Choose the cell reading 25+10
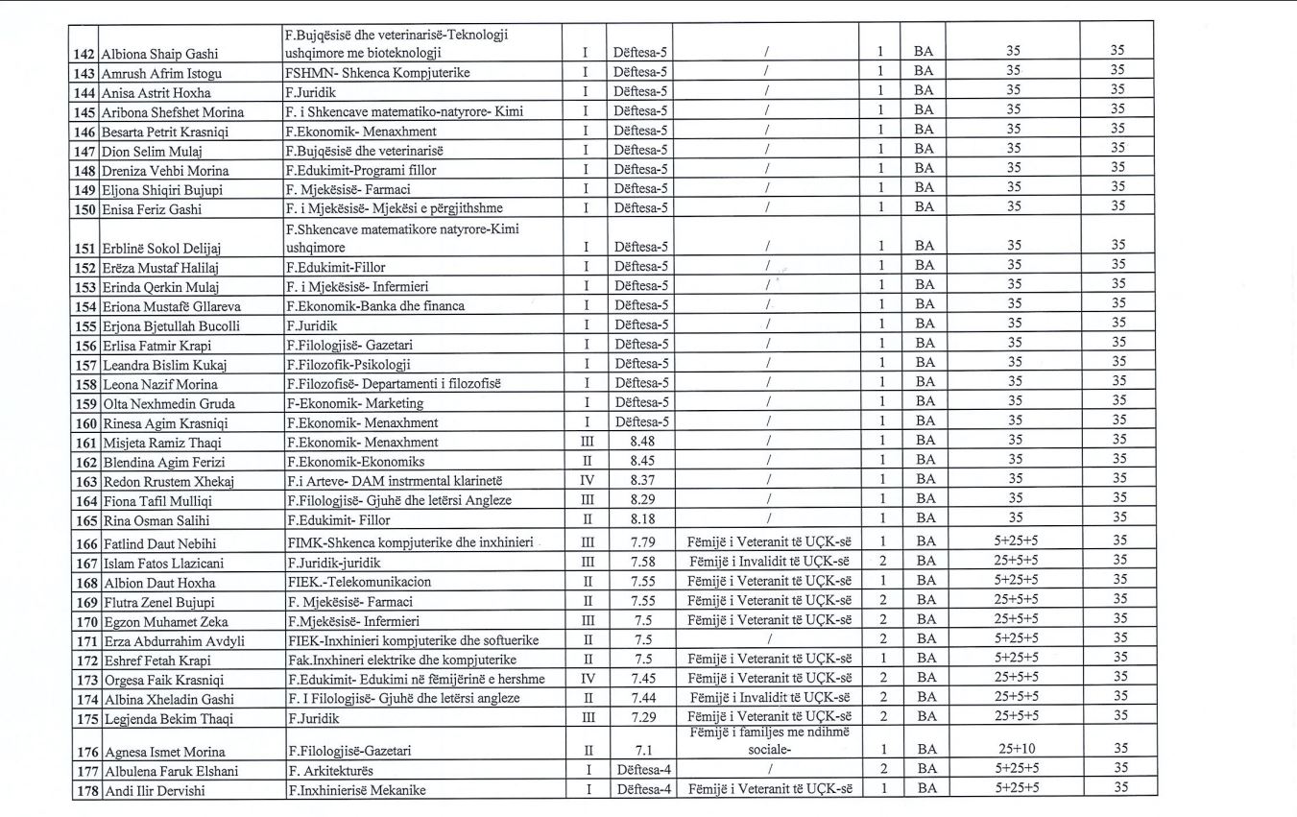click(x=1015, y=750)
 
